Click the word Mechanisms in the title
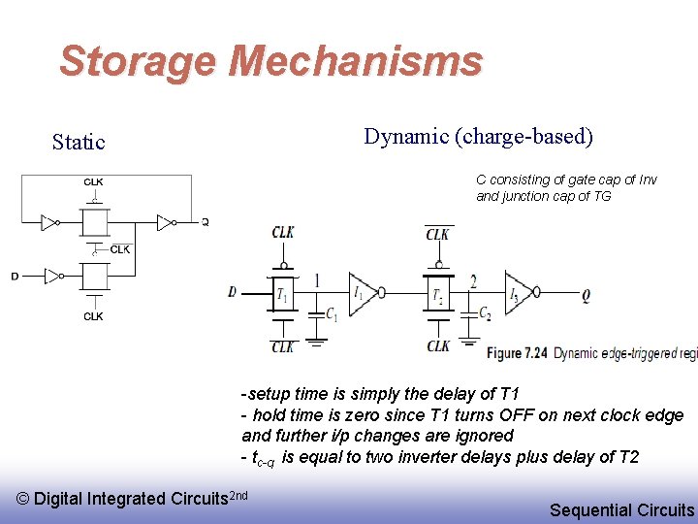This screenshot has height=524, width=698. click(355, 61)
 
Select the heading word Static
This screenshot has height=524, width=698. click(79, 143)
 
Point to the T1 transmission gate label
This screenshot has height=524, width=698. click(282, 293)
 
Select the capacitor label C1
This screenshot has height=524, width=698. click(332, 314)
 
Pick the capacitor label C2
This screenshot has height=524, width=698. click(485, 314)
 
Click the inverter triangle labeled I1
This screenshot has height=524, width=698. click(362, 292)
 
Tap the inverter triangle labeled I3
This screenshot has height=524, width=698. click(518, 292)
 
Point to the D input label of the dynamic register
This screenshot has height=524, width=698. click(232, 292)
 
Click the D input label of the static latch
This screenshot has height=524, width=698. click(15, 277)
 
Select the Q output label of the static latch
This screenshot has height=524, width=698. click(205, 222)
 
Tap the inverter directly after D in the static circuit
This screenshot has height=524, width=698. click(52, 277)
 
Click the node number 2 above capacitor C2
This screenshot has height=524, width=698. click(472, 281)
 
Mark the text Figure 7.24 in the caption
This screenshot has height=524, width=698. click(518, 353)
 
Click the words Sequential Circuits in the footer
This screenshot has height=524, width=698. click(621, 509)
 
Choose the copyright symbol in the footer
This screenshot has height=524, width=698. click(23, 499)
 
